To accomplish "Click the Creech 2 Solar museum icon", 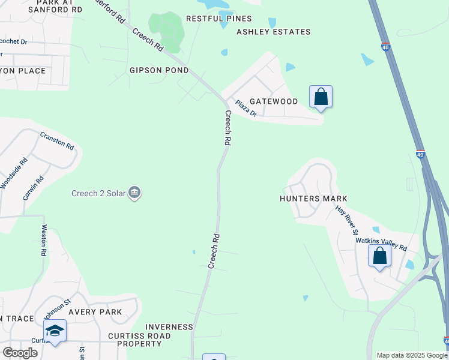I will click(x=134, y=193).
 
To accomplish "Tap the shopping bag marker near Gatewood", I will click(x=321, y=97).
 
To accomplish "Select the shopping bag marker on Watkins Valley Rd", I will click(x=379, y=256).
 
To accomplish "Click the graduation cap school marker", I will click(x=55, y=331).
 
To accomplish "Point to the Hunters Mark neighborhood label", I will click(x=314, y=199).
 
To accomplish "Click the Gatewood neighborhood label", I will click(x=273, y=101).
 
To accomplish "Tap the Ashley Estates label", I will click(x=273, y=32).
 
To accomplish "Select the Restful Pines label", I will click(x=218, y=19).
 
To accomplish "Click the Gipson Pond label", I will click(x=159, y=70).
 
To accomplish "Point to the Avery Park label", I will click(x=95, y=312).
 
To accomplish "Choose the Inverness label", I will click(x=169, y=327).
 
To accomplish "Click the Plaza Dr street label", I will click(x=246, y=109).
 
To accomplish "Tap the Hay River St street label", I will click(x=347, y=220).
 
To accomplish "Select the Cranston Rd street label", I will click(x=56, y=141).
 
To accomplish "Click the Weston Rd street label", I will click(x=44, y=240).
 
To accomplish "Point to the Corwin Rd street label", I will click(x=33, y=188).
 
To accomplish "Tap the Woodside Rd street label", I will click(x=14, y=173).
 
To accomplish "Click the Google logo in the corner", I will click(x=20, y=352).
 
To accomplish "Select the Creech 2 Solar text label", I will click(x=98, y=193).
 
